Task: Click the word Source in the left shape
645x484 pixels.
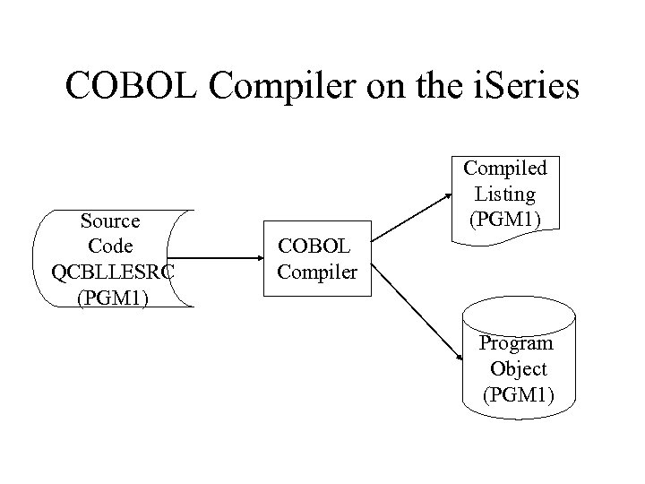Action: (109, 220)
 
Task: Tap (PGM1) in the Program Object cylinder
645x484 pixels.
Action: (516, 394)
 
